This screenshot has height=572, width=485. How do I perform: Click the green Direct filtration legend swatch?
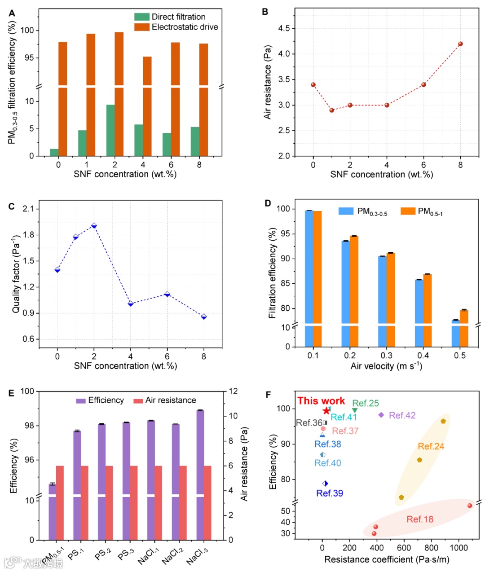[x=141, y=17]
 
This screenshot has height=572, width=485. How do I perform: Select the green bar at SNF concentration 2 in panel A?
[x=110, y=130]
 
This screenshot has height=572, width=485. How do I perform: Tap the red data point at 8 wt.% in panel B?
[x=460, y=44]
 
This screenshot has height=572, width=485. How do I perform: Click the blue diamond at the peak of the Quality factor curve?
[x=94, y=225]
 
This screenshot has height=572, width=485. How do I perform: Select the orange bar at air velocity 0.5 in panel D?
[x=464, y=328]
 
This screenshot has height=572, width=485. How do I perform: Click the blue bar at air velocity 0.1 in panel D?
[x=309, y=278]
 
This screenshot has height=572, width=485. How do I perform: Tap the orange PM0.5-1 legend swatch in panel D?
[x=408, y=211]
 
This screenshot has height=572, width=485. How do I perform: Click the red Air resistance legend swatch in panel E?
[x=138, y=400]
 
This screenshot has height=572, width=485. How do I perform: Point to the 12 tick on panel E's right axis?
[x=233, y=391]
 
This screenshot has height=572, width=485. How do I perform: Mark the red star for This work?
[x=326, y=410]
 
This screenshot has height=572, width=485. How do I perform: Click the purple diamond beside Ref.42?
[x=381, y=415]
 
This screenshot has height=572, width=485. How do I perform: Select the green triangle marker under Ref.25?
[x=355, y=410]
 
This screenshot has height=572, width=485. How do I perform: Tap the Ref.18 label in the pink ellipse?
[x=420, y=519]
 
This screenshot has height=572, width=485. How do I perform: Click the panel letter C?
[x=12, y=207]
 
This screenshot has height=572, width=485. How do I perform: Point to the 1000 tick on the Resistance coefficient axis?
[x=459, y=548]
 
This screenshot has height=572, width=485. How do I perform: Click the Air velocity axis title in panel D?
[x=386, y=366]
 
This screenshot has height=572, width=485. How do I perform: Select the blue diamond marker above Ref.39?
[x=325, y=484]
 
